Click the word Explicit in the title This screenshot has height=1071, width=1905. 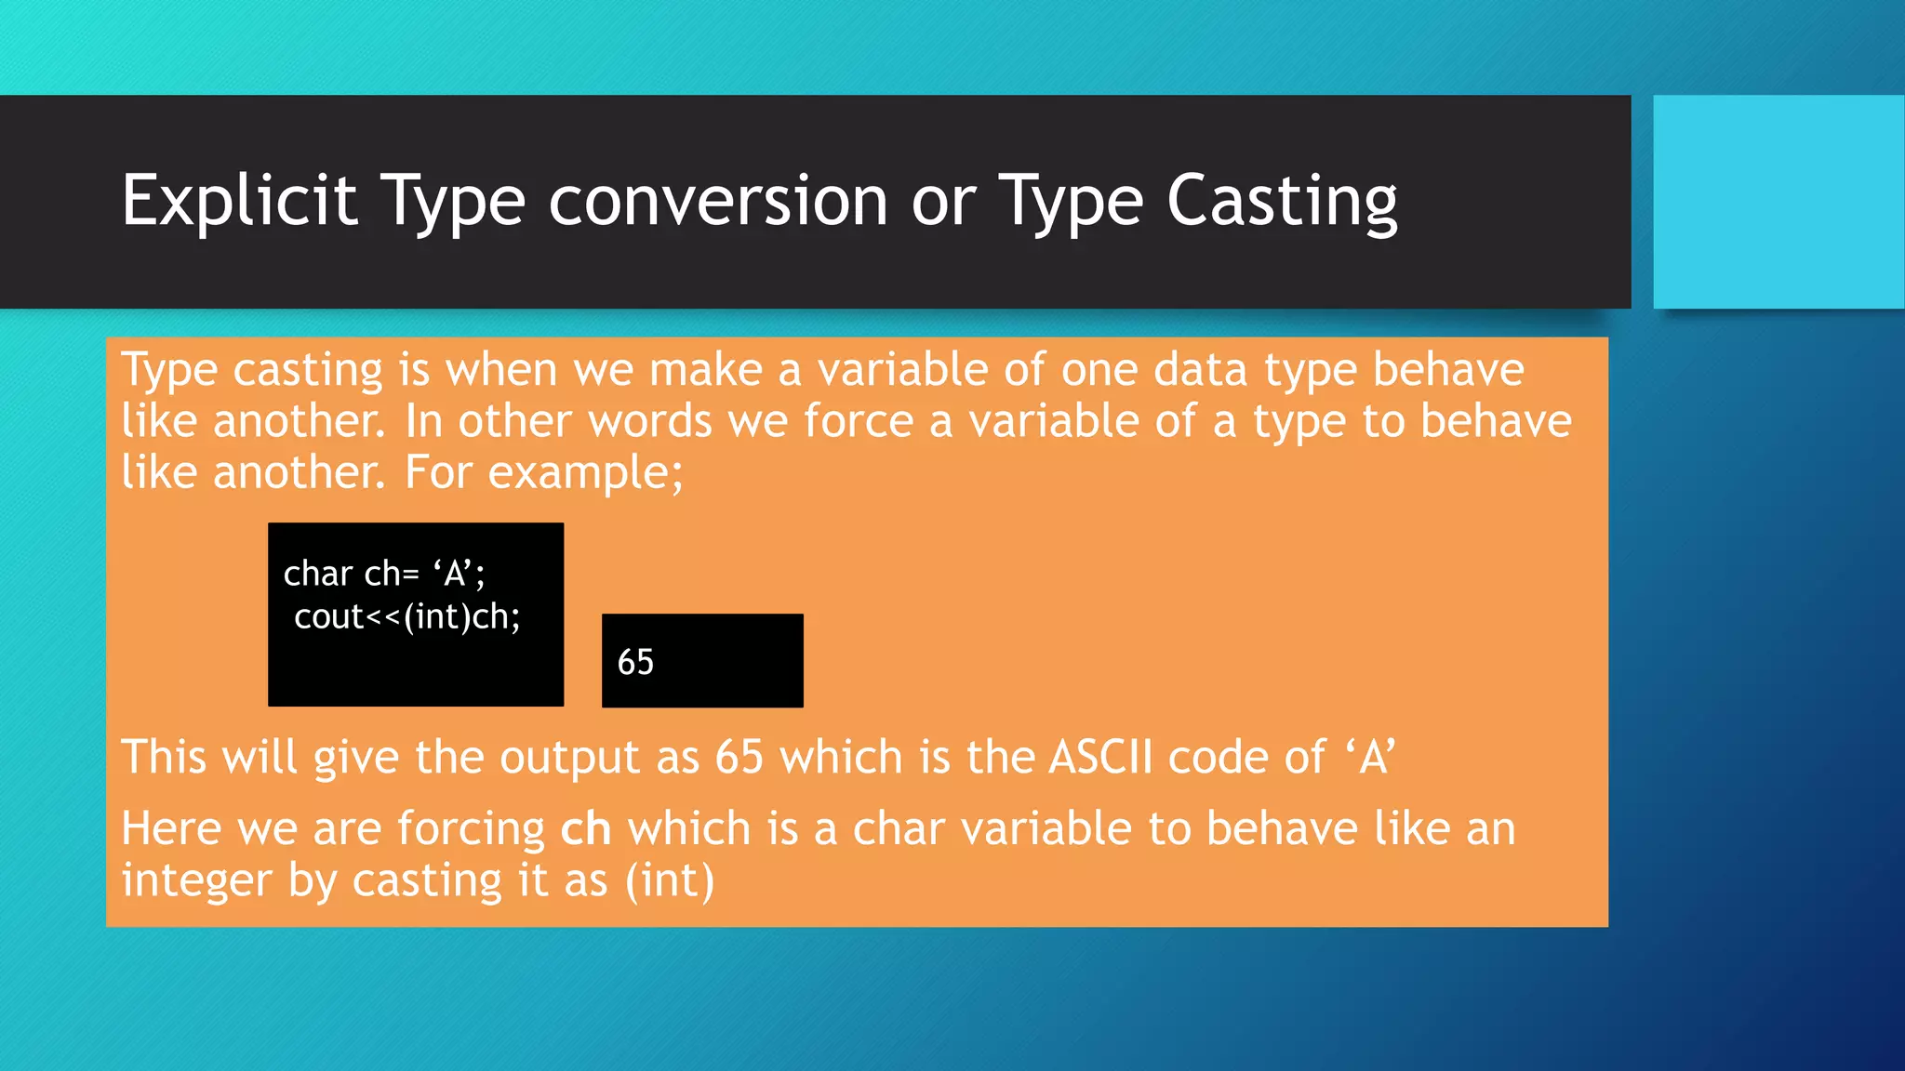pyautogui.click(x=239, y=201)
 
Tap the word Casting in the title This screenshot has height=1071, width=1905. pyautogui.click(x=1281, y=201)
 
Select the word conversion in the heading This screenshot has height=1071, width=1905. pyautogui.click(x=717, y=201)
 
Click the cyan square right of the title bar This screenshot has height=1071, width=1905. pyautogui.click(x=1778, y=202)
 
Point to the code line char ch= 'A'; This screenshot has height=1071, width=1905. pyautogui.click(x=384, y=574)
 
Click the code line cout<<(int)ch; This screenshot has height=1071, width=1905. pyautogui.click(x=406, y=616)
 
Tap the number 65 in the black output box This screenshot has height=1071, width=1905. pyautogui.click(x=635, y=663)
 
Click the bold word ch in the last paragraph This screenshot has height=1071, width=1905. pyautogui.click(x=585, y=828)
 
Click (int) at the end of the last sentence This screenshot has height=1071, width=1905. pyautogui.click(x=670, y=880)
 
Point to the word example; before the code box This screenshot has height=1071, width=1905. pyautogui.click(x=585, y=473)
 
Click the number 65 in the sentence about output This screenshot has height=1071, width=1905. pyautogui.click(x=739, y=757)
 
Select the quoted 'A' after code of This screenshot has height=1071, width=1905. pyautogui.click(x=1370, y=757)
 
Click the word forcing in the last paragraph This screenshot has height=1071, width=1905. pyautogui.click(x=471, y=828)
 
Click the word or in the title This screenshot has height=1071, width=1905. pyautogui.click(x=943, y=201)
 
